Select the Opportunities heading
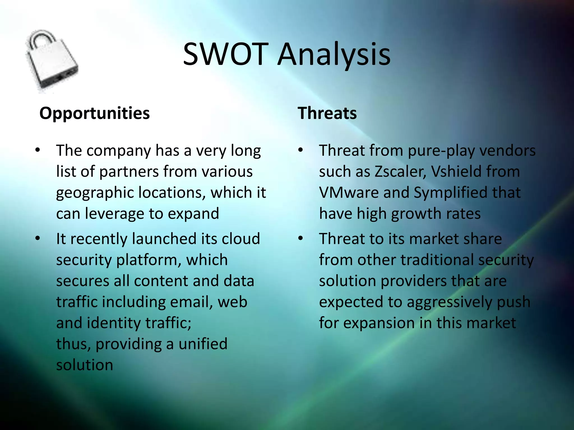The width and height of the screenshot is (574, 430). point(94,113)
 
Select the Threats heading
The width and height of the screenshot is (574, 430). point(327,113)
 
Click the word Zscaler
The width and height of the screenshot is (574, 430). point(400,171)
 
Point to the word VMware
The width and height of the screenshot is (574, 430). point(349,192)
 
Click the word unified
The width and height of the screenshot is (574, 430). point(203,344)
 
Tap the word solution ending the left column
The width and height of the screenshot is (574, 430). point(84,365)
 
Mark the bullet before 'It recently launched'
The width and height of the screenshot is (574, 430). point(38,239)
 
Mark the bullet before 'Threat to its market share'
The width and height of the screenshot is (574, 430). point(300,239)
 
